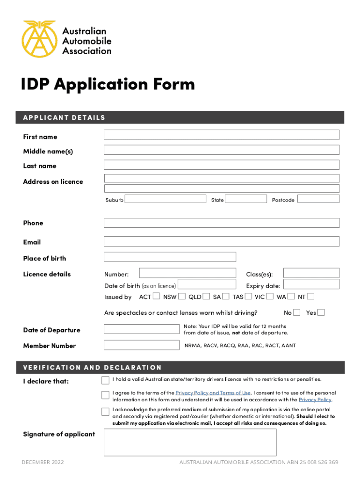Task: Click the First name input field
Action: click(x=221, y=135)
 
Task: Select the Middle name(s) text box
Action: click(x=221, y=150)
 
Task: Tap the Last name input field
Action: click(x=221, y=165)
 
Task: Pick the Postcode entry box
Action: click(x=318, y=198)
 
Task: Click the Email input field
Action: click(x=221, y=241)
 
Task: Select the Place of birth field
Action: click(x=170, y=257)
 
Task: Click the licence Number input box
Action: click(x=187, y=273)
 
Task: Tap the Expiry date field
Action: click(x=311, y=284)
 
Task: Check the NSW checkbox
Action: click(x=182, y=296)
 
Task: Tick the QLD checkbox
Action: click(x=207, y=296)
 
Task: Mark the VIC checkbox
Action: click(x=270, y=296)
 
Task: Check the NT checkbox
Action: click(x=311, y=296)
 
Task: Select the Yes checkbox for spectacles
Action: click(x=321, y=312)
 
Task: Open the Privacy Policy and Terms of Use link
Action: click(x=213, y=393)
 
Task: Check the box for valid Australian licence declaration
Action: click(x=105, y=379)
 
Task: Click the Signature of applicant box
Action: click(x=190, y=442)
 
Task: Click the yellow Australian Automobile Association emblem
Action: click(x=39, y=38)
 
